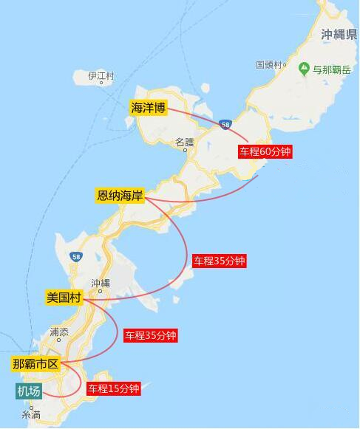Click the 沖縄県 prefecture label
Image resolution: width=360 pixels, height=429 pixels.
tap(339, 35)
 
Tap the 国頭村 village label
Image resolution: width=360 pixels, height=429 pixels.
tap(271, 65)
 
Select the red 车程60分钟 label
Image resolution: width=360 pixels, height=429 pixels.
tap(265, 151)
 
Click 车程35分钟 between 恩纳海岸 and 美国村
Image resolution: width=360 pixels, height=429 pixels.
tap(219, 261)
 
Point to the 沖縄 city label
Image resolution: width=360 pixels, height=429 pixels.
tap(100, 283)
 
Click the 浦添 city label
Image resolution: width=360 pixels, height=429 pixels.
tap(58, 332)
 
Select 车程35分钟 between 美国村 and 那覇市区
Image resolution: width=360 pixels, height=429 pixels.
tap(151, 335)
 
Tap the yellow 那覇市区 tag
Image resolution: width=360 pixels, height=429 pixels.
tap(36, 364)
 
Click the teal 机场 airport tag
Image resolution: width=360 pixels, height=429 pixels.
tap(29, 391)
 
